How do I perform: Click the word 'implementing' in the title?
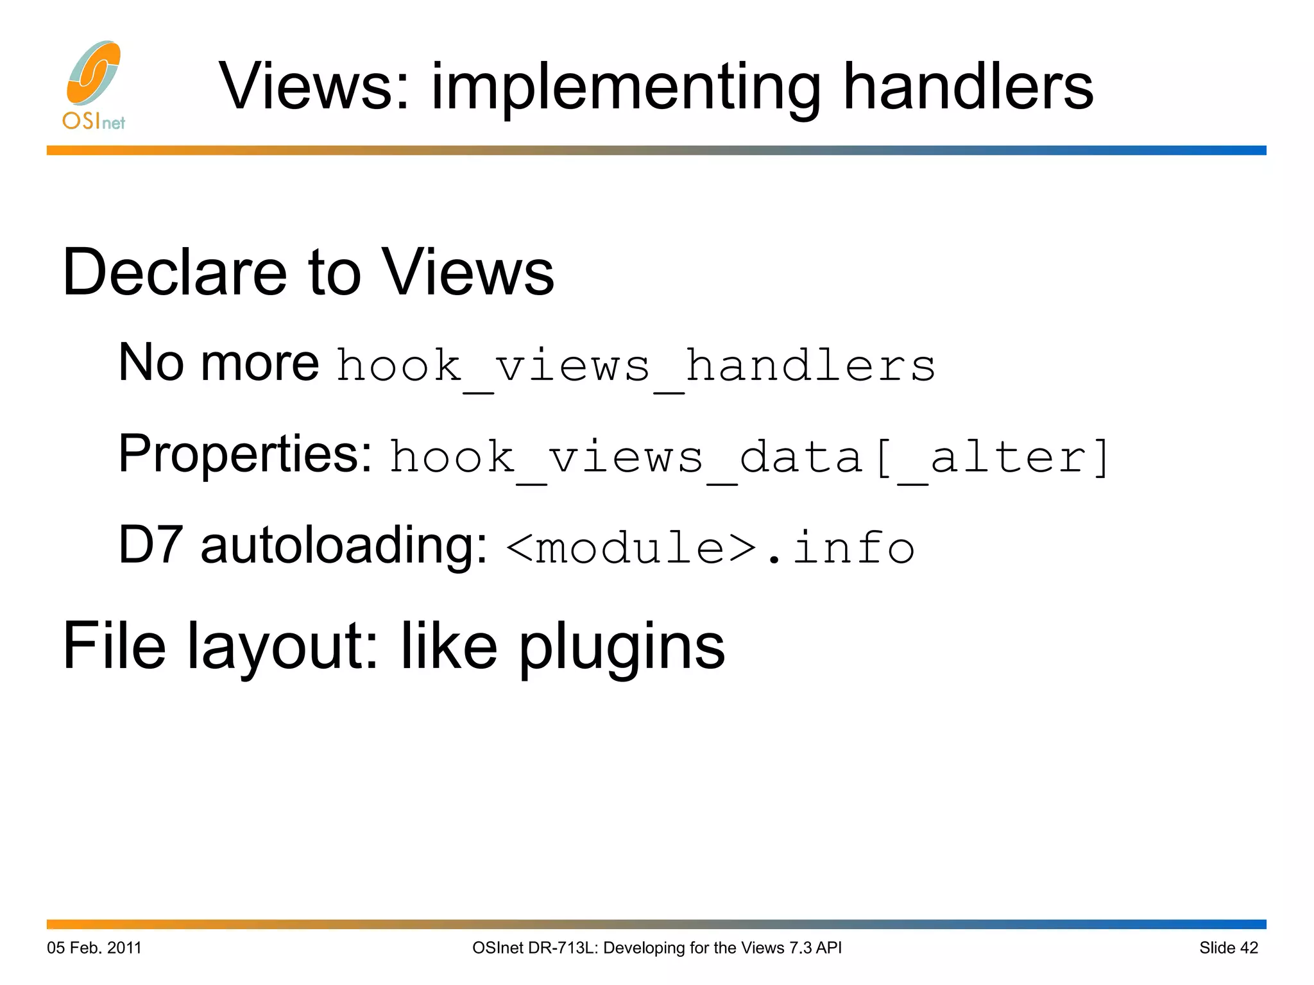[626, 89]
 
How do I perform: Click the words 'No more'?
[218, 363]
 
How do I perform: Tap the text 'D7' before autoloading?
[150, 545]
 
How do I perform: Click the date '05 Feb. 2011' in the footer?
[94, 948]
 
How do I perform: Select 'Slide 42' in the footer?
[1229, 948]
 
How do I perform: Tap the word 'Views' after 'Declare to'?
[468, 273]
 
